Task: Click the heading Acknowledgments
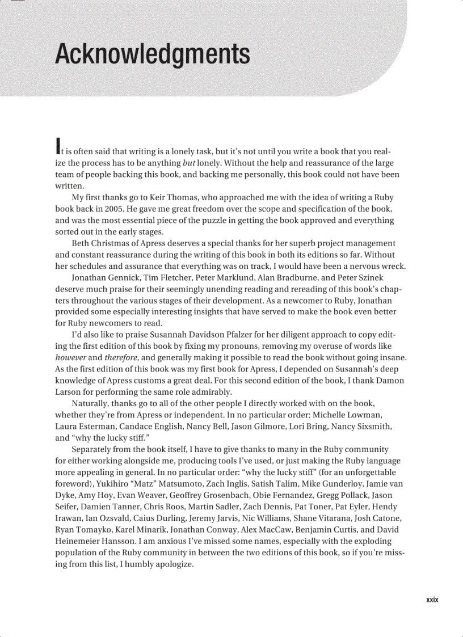(153, 55)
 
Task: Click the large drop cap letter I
(57, 146)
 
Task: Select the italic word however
(71, 357)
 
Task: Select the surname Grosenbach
(222, 495)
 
